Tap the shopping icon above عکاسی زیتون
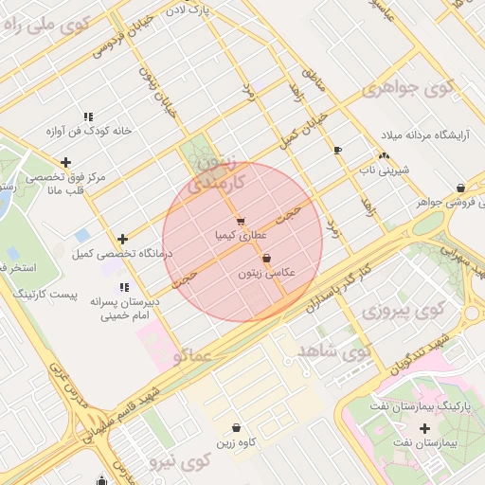(267, 258)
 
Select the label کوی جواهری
(407, 89)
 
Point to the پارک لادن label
(209, 11)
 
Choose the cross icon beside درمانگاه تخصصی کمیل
(122, 239)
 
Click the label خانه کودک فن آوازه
(87, 131)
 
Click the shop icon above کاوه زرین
(236, 428)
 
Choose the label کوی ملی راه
(39, 26)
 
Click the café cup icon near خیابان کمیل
(337, 150)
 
